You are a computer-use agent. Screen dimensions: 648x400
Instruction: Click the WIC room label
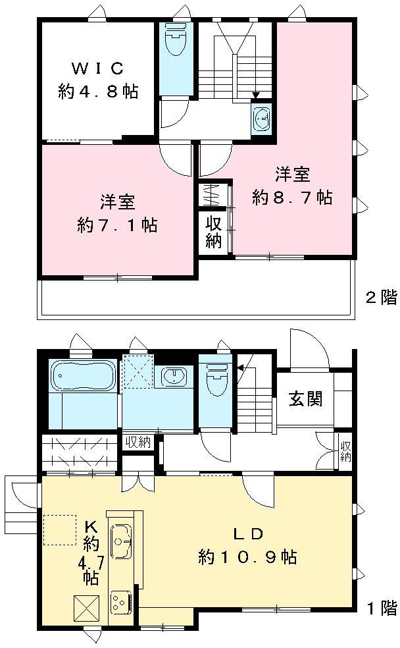[x=97, y=68]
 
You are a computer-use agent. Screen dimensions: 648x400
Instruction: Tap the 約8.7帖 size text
[x=292, y=198]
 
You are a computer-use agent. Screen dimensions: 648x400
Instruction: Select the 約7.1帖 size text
[x=117, y=225]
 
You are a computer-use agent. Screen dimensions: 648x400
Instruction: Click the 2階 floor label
[x=380, y=298]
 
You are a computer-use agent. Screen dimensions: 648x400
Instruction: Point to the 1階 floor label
[x=380, y=608]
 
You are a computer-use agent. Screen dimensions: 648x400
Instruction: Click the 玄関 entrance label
[x=305, y=398]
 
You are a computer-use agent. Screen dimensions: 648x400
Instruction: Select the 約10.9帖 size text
[x=247, y=558]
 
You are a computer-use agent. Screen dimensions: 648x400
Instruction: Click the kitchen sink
[x=121, y=542]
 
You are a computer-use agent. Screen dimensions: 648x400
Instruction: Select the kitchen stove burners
[x=121, y=601]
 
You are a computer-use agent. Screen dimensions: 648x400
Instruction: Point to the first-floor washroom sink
[x=174, y=377]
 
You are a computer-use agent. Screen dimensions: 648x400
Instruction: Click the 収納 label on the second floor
[x=213, y=232]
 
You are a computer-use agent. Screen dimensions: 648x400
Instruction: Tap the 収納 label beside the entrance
[x=345, y=450]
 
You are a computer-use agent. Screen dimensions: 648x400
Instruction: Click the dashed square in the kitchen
[x=59, y=529]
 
